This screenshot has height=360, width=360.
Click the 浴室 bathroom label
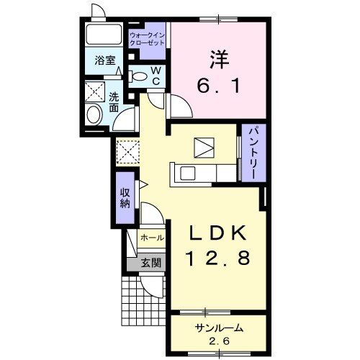tap(105, 60)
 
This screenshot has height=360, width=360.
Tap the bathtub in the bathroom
tap(104, 34)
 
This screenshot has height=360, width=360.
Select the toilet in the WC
tap(138, 76)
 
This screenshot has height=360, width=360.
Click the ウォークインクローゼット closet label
tap(147, 39)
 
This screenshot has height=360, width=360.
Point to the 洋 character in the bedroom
tap(220, 59)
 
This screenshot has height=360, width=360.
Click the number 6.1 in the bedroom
tap(219, 86)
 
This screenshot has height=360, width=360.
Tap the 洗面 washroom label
tap(114, 102)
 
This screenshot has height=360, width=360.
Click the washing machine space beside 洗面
tap(95, 91)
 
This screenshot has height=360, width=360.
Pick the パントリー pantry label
tap(253, 153)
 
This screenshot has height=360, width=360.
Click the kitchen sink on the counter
tap(187, 173)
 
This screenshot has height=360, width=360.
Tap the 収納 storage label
tap(125, 198)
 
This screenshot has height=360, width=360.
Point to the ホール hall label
tap(153, 238)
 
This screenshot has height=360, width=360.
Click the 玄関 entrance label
tap(150, 263)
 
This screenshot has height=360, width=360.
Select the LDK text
tap(218, 233)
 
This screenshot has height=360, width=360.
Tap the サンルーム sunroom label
tap(219, 328)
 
